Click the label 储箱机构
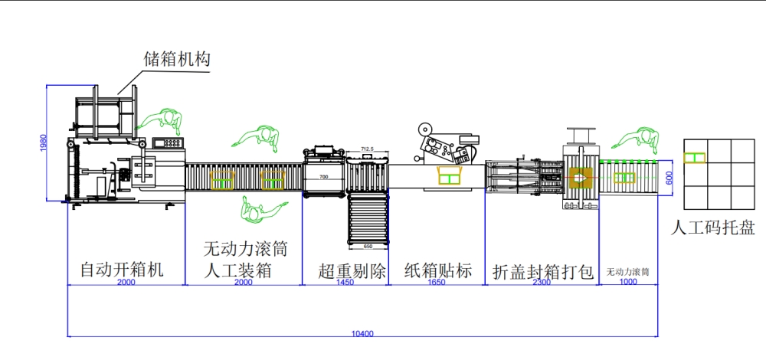click(x=178, y=59)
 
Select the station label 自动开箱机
click(x=123, y=270)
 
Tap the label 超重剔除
click(x=346, y=271)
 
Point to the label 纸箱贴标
click(x=437, y=271)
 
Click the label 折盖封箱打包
click(x=543, y=272)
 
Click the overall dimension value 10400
click(x=362, y=333)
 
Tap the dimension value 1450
click(x=346, y=283)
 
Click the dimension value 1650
click(x=437, y=283)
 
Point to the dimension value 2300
click(x=542, y=283)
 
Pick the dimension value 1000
click(x=628, y=283)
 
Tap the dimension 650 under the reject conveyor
click(x=368, y=247)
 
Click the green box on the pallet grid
click(x=695, y=157)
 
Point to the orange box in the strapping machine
click(x=579, y=178)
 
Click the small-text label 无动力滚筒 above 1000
click(x=628, y=272)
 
